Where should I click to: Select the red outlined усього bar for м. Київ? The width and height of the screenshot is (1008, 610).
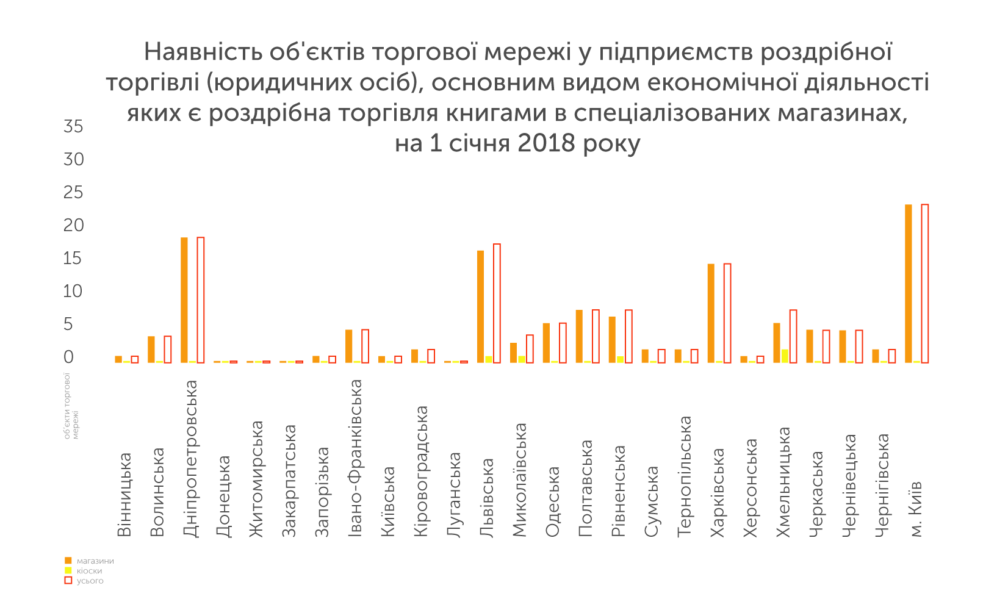point(925,284)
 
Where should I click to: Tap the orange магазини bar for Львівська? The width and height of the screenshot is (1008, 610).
point(481,307)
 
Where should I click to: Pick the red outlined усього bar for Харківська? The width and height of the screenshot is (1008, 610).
point(727,314)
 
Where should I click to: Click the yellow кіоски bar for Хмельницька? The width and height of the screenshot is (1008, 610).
point(785,356)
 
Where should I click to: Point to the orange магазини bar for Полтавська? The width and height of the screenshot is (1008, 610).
point(580,337)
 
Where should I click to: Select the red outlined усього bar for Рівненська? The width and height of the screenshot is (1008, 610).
point(628,337)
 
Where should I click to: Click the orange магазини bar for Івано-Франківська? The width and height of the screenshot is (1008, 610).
point(349,346)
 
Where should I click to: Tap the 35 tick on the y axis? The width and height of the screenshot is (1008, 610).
point(73,127)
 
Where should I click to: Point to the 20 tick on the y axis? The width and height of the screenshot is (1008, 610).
point(73,226)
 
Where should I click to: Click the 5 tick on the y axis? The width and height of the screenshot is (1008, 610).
point(68,325)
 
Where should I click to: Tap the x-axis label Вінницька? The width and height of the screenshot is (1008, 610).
point(124,494)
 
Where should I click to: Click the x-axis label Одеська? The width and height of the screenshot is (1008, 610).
point(553,501)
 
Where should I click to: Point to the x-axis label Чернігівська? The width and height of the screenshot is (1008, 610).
point(882,486)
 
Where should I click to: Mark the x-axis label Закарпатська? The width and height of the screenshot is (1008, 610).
point(289,481)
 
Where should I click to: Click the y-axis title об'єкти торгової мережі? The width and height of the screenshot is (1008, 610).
point(71,406)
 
